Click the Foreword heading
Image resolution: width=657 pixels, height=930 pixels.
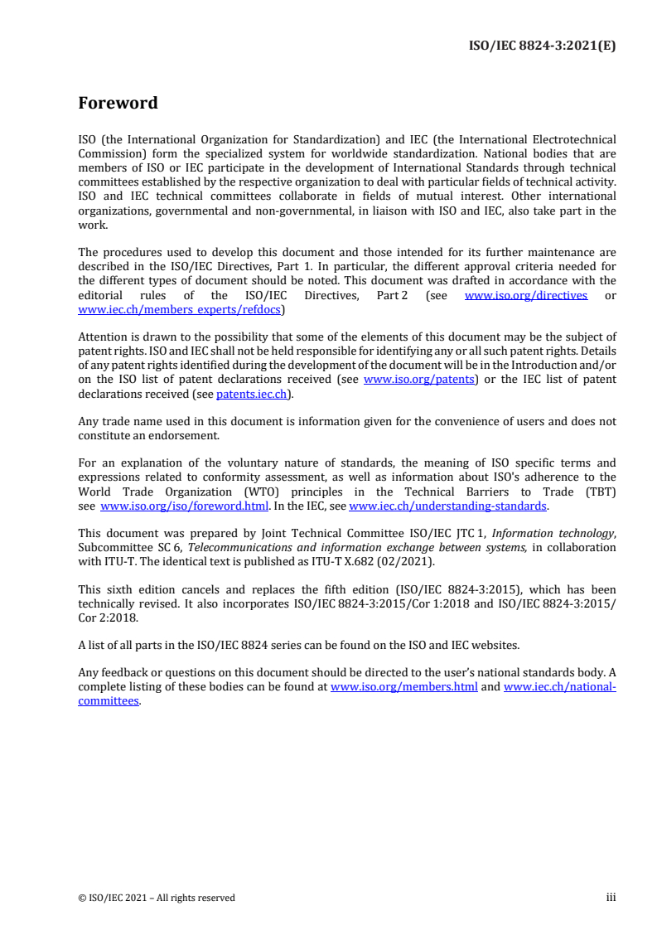[x=118, y=104]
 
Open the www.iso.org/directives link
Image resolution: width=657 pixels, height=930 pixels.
[x=526, y=295]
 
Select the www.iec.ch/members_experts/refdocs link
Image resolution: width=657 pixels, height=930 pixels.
[x=180, y=309]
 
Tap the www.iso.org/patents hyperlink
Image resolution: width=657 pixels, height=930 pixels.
[x=419, y=380]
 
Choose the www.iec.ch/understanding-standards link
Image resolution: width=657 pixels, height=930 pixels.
[x=447, y=506]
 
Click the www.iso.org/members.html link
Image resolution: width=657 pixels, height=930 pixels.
[x=403, y=687]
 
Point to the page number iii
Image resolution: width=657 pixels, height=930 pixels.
[x=611, y=898]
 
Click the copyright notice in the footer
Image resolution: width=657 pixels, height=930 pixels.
[x=157, y=898]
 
